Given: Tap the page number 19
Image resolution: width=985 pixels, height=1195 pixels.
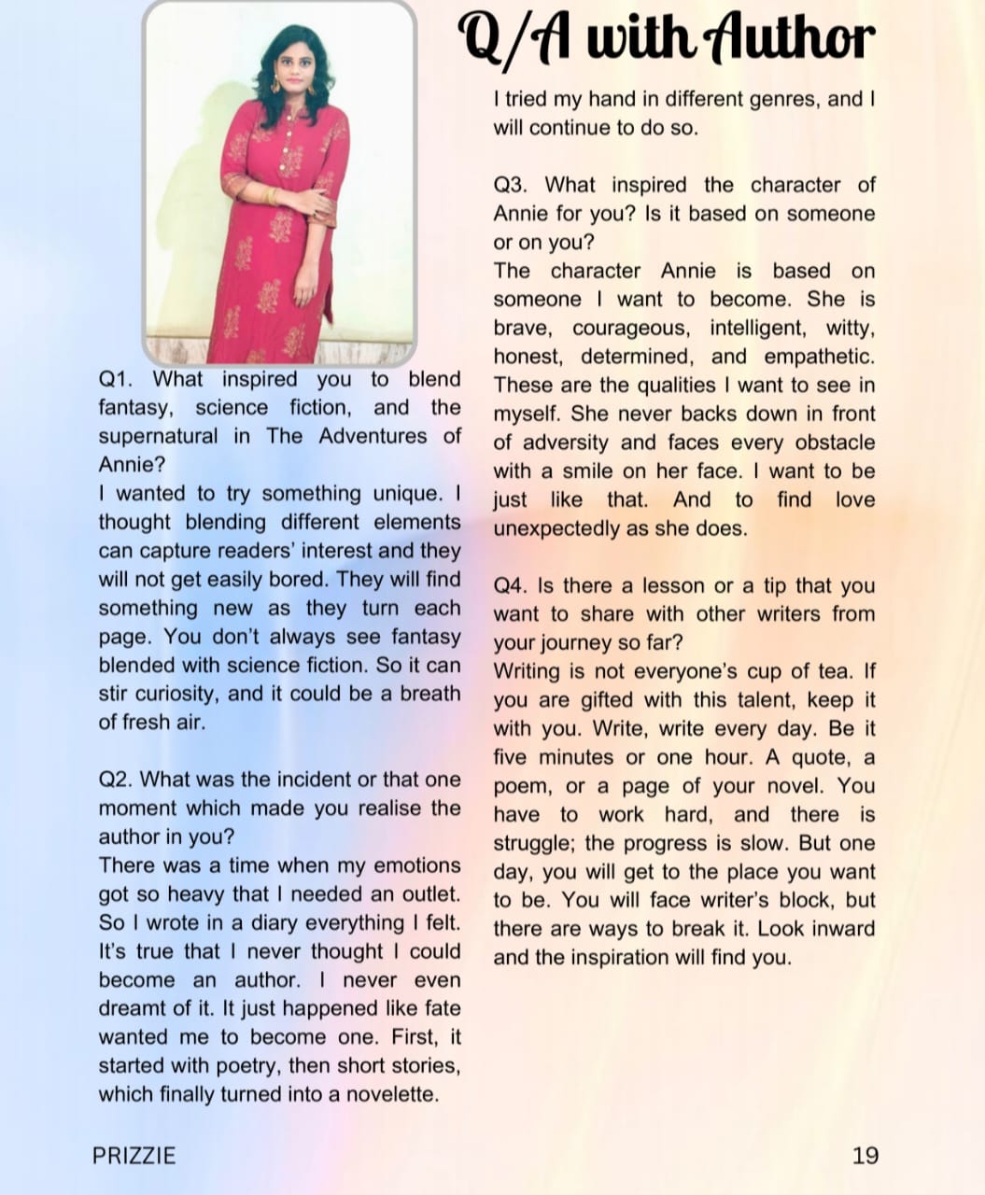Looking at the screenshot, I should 865,1156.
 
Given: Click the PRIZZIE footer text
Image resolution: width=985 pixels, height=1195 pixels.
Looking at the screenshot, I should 134,1156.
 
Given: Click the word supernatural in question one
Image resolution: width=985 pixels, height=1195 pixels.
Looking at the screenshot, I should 158,436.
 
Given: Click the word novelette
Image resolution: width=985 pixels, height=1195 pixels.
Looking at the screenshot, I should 392,1094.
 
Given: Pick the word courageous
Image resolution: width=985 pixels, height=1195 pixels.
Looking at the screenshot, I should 630,329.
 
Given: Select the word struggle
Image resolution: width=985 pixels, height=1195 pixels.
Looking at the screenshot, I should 533,843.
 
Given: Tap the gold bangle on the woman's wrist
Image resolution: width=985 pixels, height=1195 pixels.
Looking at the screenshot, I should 273,196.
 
